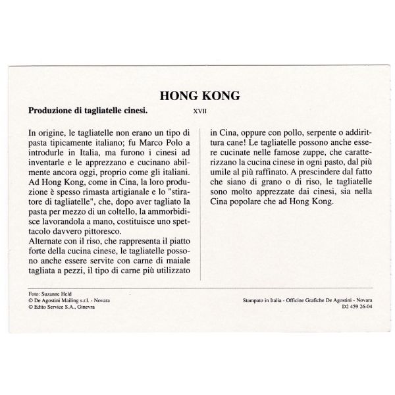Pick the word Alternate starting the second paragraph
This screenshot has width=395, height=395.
(x=50, y=238)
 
